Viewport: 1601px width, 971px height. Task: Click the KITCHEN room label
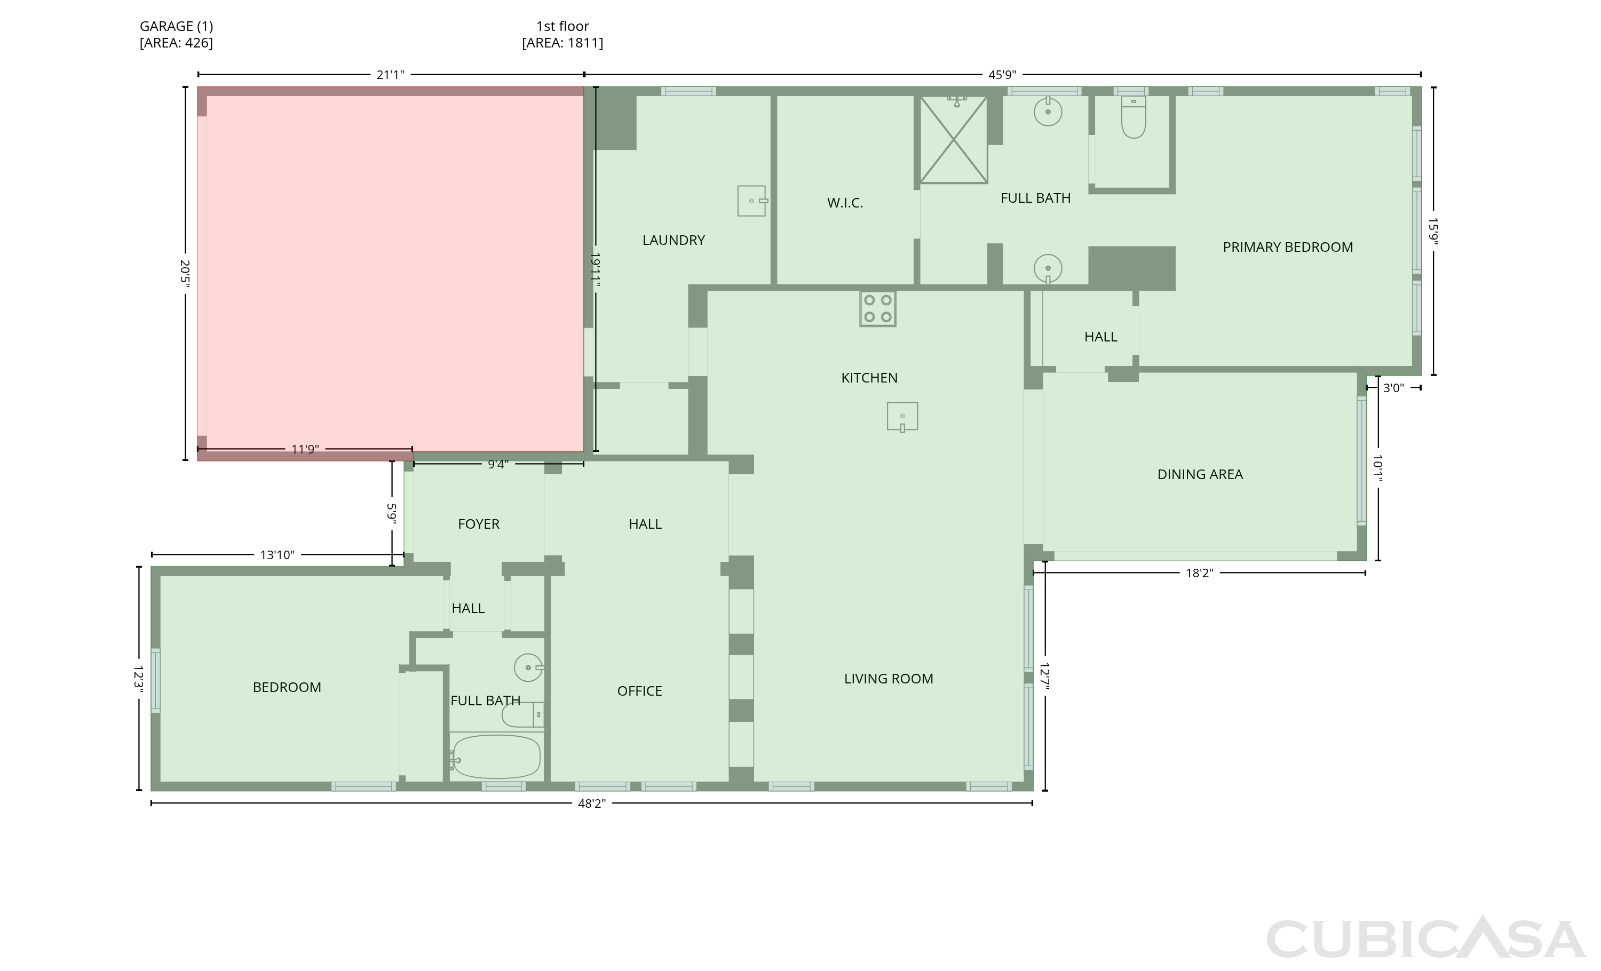point(869,378)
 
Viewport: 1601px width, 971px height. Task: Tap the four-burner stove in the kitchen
point(877,308)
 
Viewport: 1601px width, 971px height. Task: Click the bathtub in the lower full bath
point(496,757)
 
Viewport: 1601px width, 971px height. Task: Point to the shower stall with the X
point(953,140)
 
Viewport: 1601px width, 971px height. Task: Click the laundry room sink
point(752,201)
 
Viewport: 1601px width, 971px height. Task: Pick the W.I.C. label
point(845,203)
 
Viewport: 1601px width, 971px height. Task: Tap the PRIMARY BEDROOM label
point(1288,248)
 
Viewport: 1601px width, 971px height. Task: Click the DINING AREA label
point(1200,475)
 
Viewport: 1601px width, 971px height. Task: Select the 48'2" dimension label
point(591,803)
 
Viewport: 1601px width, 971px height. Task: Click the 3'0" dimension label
point(1393,388)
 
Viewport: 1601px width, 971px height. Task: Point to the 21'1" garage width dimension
point(390,75)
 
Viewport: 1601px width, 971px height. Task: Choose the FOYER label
point(479,524)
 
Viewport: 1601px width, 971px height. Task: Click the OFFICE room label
point(639,691)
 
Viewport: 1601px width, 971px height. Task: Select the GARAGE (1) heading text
point(176,27)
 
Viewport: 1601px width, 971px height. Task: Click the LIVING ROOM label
point(888,679)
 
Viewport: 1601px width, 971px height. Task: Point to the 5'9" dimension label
point(392,513)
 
